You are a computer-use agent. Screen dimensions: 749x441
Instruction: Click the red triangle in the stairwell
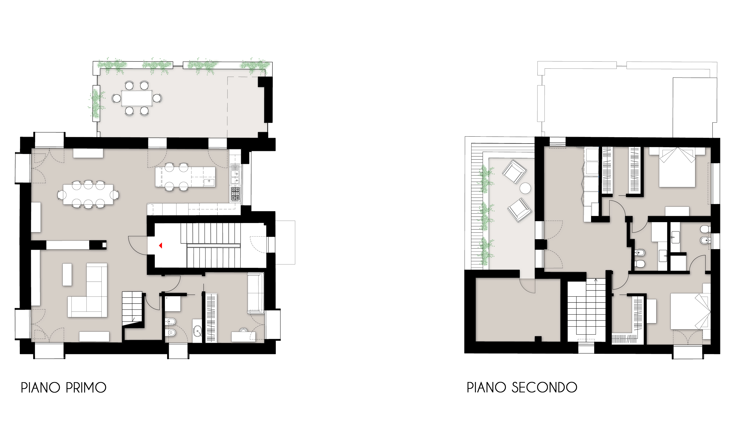coord(161,245)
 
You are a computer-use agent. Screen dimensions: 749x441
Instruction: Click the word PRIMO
coord(86,388)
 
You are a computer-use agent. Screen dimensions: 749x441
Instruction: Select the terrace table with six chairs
coord(137,98)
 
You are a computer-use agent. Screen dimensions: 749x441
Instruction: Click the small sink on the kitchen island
coord(209,181)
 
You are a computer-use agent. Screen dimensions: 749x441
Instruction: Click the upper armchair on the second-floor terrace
coord(514,172)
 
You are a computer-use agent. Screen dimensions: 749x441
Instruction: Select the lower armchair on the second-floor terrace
coord(520,210)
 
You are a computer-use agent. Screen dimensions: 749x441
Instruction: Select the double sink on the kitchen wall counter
coord(235,177)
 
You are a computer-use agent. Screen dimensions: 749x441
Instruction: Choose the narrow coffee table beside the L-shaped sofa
coord(67,275)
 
